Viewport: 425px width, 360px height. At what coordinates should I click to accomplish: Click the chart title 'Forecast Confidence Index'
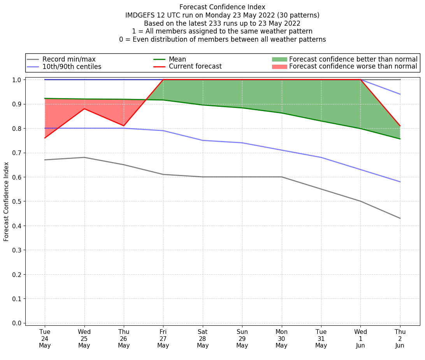(x=222, y=7)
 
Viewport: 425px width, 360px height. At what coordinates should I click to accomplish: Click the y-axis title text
(x=6, y=202)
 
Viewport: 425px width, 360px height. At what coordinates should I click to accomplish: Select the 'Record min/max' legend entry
(x=69, y=59)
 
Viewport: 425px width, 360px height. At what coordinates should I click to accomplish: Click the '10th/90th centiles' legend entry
(x=72, y=67)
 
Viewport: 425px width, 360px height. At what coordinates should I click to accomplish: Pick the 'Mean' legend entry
(x=177, y=59)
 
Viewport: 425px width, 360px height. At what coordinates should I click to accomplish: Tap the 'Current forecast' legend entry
(x=195, y=67)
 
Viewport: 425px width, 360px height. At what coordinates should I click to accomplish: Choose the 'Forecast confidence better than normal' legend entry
(x=353, y=59)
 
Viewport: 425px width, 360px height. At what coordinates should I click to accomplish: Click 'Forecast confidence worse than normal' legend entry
(x=353, y=67)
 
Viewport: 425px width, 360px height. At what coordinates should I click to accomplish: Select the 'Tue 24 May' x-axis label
(x=45, y=339)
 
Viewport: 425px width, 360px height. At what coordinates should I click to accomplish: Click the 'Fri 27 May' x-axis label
(x=163, y=339)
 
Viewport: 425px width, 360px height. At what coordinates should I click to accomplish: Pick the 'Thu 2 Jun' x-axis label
(x=400, y=339)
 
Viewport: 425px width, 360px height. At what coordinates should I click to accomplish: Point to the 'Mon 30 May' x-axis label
(x=281, y=339)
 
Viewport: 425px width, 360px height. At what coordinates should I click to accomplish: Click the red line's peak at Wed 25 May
(x=84, y=109)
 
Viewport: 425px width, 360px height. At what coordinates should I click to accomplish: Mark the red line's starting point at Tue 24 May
(x=45, y=138)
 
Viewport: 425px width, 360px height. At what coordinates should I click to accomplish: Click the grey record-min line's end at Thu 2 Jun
(x=400, y=218)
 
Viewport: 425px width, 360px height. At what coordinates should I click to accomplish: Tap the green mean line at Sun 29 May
(x=242, y=108)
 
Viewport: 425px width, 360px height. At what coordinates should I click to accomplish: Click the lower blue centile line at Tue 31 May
(x=321, y=157)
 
